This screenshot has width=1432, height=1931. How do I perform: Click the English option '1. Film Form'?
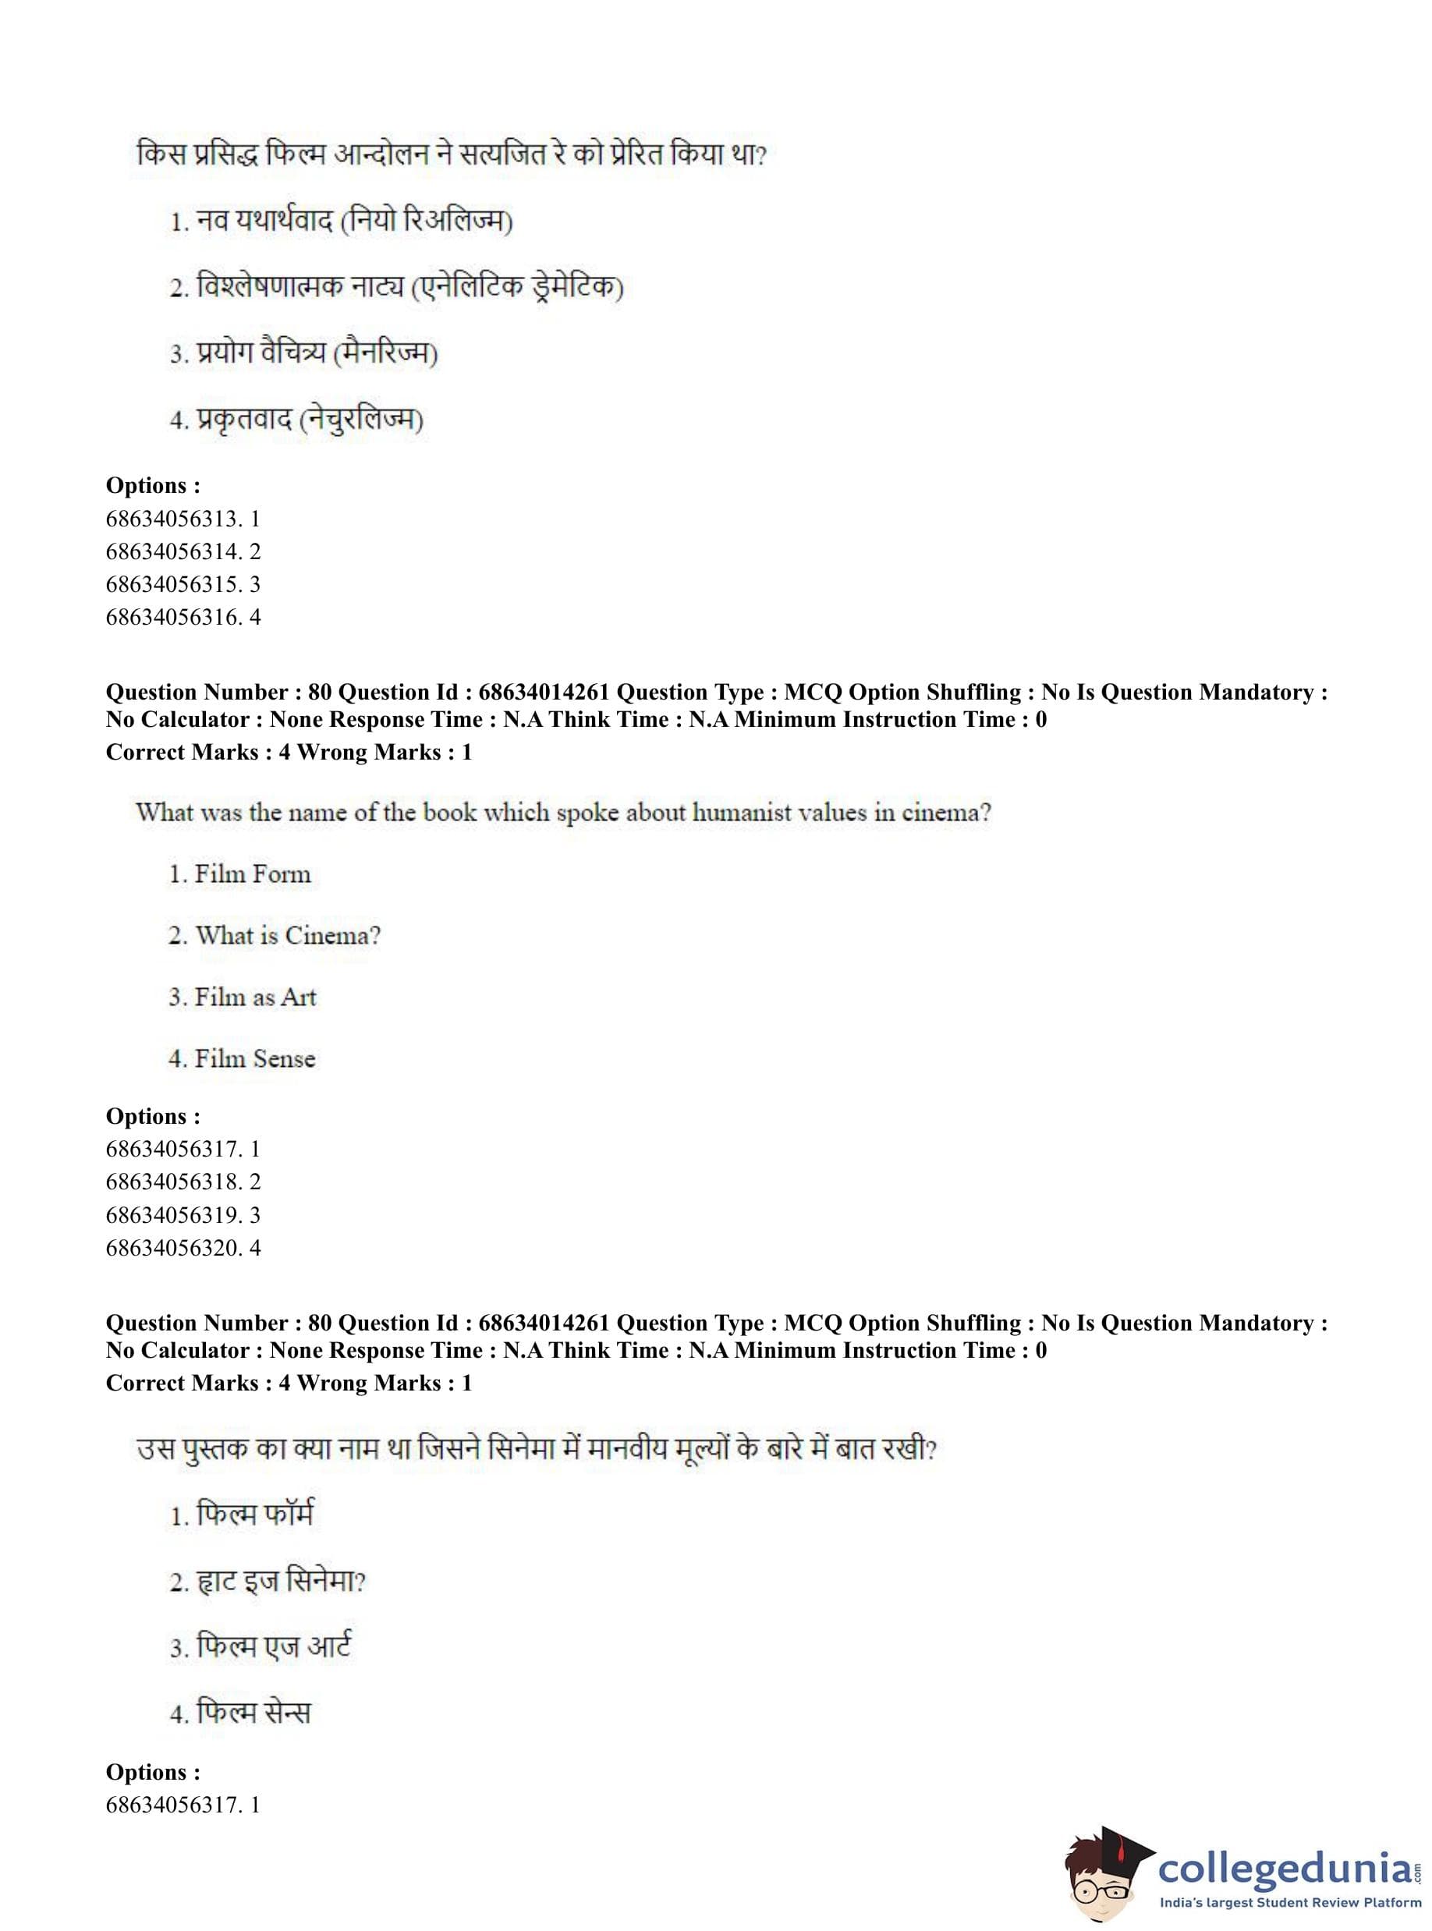click(239, 873)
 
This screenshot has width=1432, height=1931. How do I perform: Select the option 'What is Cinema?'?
click(274, 935)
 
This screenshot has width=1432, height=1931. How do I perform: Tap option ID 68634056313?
click(183, 519)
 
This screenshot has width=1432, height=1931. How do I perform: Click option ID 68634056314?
click(183, 551)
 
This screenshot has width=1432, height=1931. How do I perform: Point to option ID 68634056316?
click(183, 617)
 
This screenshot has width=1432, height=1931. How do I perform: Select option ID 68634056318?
click(183, 1182)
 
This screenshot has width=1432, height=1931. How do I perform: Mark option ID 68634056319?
click(183, 1214)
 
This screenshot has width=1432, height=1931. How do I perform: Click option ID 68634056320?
click(183, 1247)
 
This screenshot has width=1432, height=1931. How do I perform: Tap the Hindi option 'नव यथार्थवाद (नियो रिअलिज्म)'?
click(341, 221)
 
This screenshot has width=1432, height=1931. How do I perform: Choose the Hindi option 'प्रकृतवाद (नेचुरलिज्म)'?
click(296, 420)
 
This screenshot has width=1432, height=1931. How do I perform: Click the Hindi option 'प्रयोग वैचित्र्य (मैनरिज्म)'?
click(303, 353)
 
